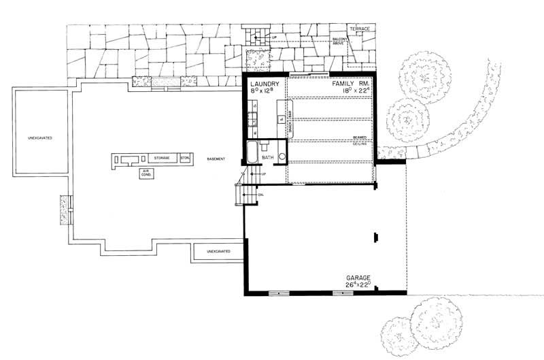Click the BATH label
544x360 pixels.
pyautogui.click(x=267, y=157)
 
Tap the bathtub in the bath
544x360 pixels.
pyautogui.click(x=252, y=152)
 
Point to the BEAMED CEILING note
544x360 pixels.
pyautogui.click(x=360, y=139)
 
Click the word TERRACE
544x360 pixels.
pyautogui.click(x=359, y=29)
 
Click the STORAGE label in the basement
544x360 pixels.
pyautogui.click(x=161, y=158)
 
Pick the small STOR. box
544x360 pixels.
pyautogui.click(x=185, y=158)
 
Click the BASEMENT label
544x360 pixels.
pyautogui.click(x=217, y=159)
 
